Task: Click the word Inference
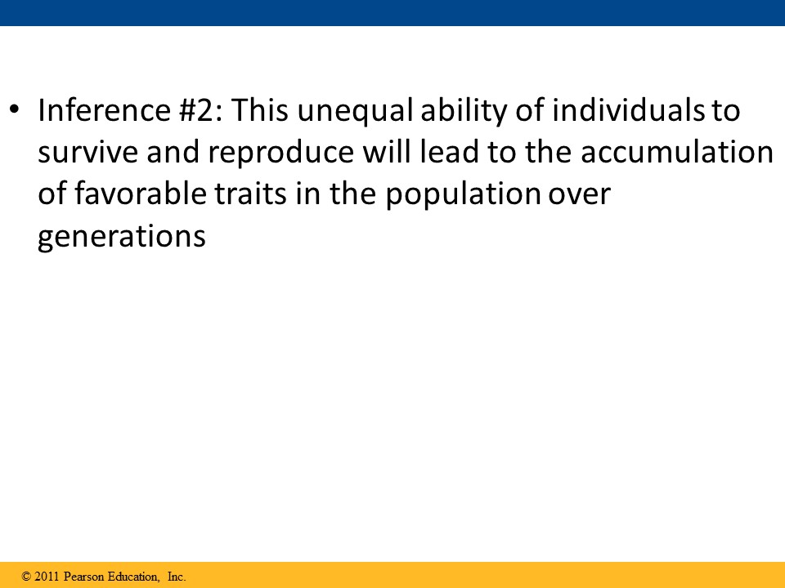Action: click(x=104, y=110)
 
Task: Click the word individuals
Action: click(x=628, y=109)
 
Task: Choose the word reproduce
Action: click(x=280, y=154)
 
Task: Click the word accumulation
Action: click(x=677, y=152)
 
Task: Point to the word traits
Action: click(x=251, y=194)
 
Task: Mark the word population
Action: click(x=463, y=195)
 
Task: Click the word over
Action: click(x=579, y=195)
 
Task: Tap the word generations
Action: click(x=122, y=237)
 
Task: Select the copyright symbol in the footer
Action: click(x=26, y=577)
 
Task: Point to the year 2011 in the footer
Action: click(x=47, y=577)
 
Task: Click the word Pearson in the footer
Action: click(x=84, y=577)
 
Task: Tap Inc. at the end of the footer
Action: click(x=177, y=577)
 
